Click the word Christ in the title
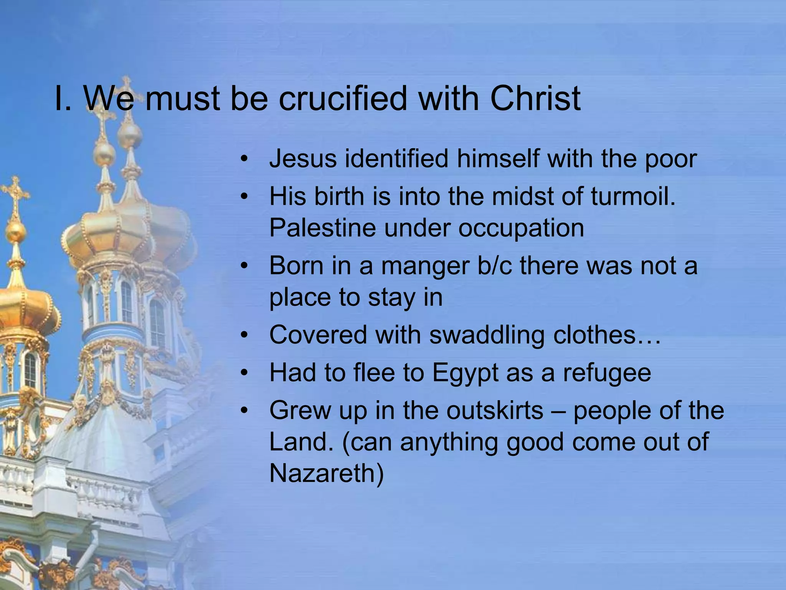pyautogui.click(x=535, y=99)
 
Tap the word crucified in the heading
pyautogui.click(x=342, y=99)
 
